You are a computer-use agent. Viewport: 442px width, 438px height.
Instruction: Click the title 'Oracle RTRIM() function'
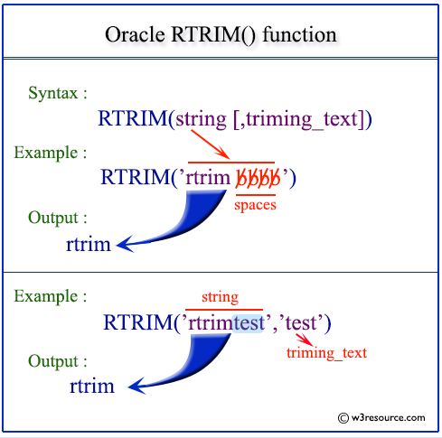tap(221, 35)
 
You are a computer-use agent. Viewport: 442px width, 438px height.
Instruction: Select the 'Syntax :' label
tap(59, 94)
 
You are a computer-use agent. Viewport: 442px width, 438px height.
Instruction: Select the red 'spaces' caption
tap(256, 205)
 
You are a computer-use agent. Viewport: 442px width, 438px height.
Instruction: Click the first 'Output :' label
tap(59, 218)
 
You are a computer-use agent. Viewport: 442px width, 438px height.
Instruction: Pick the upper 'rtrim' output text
tap(88, 244)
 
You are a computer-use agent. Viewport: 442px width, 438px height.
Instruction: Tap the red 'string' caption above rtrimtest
tap(221, 297)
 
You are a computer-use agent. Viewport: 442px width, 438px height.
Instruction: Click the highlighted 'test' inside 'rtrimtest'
tap(249, 322)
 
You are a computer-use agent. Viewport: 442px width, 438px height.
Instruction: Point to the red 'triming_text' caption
tap(326, 353)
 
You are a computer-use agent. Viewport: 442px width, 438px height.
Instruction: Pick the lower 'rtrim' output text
tap(91, 387)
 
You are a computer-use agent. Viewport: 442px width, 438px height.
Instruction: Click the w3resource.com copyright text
tap(381, 417)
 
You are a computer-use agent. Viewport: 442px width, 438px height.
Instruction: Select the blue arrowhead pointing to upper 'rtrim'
tap(127, 242)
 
